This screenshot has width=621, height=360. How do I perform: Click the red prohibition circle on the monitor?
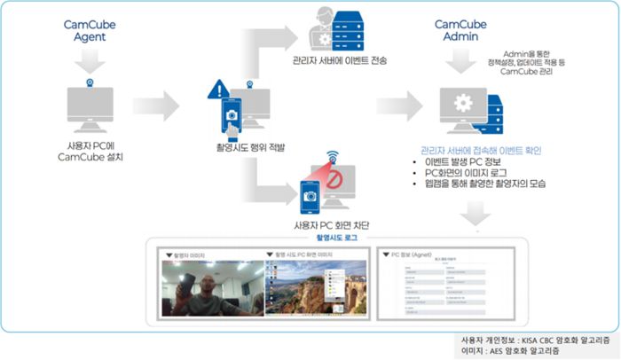pos(333,182)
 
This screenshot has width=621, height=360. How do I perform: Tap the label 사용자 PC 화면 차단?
pos(331,225)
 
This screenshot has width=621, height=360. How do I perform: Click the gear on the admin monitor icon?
pos(462,102)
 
